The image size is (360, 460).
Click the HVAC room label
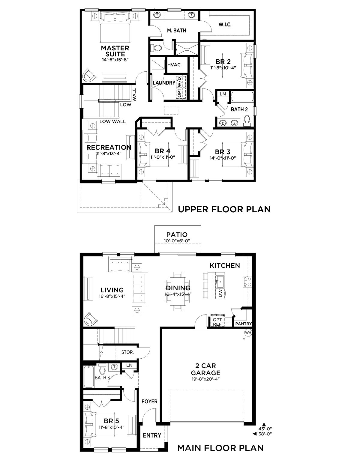click(x=174, y=65)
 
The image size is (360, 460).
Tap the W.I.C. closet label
click(x=225, y=25)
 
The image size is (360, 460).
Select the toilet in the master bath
click(x=156, y=48)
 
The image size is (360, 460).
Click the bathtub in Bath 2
click(x=242, y=97)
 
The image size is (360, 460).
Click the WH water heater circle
click(x=248, y=333)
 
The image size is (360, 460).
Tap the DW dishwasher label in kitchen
click(x=220, y=293)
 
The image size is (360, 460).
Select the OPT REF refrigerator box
click(x=217, y=322)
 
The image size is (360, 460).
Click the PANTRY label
click(x=244, y=324)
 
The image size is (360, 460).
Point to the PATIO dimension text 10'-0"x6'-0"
click(x=177, y=241)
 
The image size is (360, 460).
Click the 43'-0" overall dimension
click(x=265, y=429)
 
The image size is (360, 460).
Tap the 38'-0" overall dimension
click(x=265, y=434)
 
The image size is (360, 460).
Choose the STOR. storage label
click(x=127, y=352)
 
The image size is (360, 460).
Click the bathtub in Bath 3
click(x=89, y=377)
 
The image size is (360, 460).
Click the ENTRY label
click(x=152, y=435)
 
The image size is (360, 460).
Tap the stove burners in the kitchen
click(x=247, y=282)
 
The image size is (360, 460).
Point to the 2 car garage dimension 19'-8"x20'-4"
click(x=205, y=379)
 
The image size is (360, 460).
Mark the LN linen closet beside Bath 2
click(x=223, y=94)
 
